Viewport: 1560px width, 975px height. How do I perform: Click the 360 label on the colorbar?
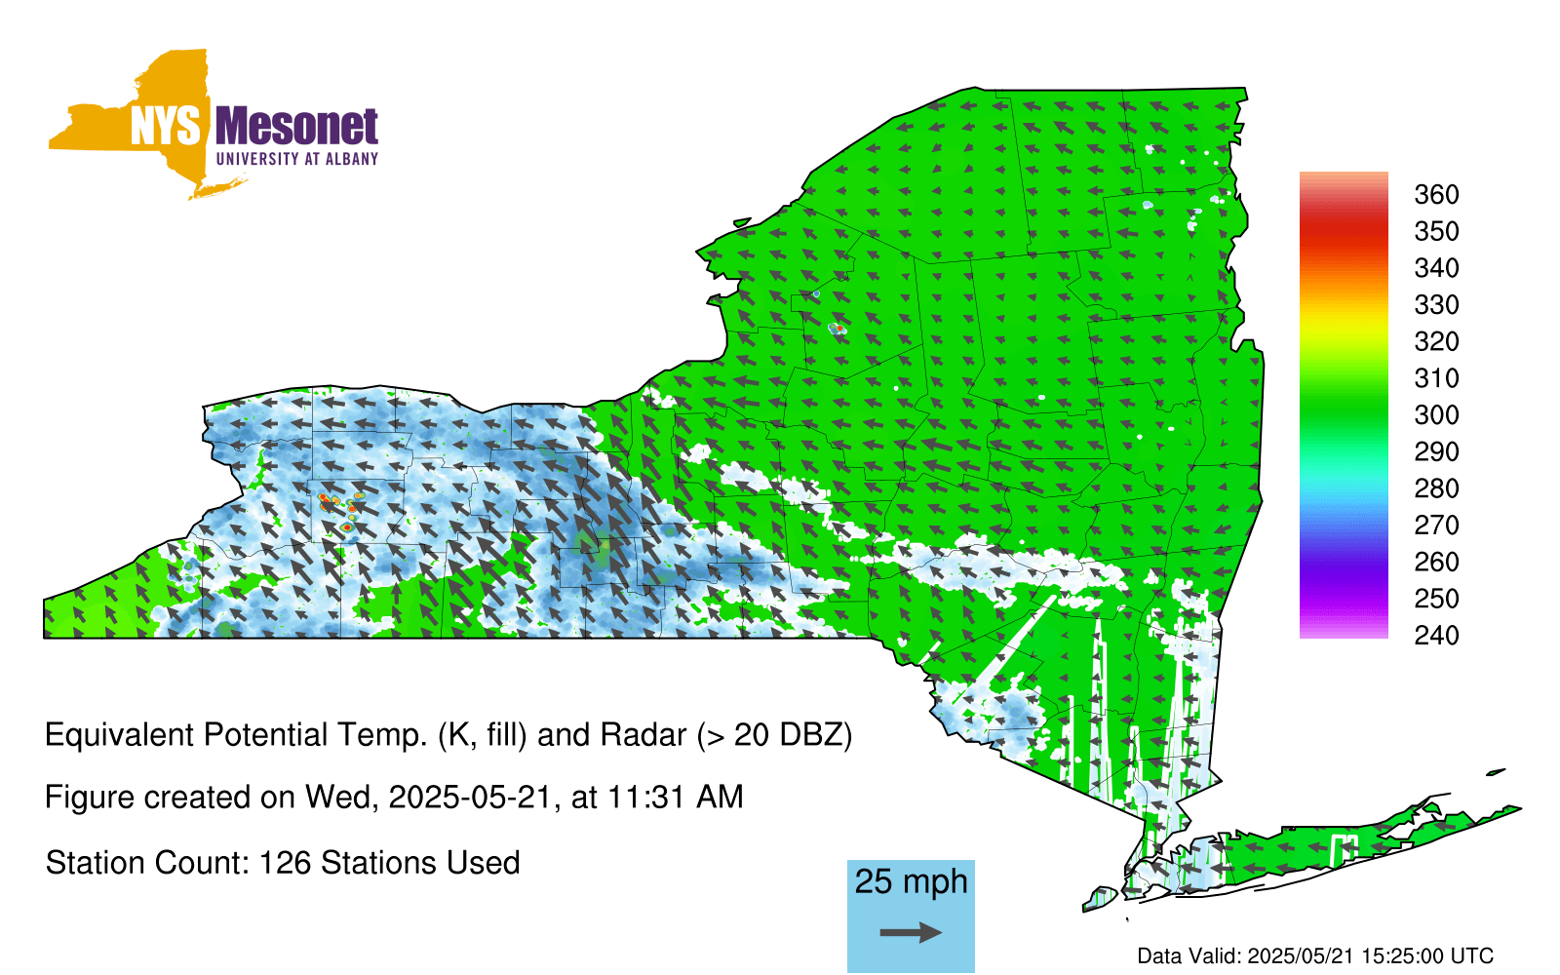click(1436, 194)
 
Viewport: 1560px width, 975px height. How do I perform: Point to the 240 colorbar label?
click(1436, 635)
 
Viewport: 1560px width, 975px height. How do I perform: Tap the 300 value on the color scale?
click(1436, 415)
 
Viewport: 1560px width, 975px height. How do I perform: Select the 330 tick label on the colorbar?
click(1436, 304)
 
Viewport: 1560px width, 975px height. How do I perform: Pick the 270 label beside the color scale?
click(1436, 526)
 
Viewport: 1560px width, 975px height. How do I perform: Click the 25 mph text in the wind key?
click(911, 881)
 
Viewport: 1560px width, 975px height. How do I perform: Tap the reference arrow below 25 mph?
click(911, 932)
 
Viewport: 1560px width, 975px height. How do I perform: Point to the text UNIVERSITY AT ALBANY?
click(297, 159)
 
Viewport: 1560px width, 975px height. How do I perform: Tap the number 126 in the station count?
click(285, 863)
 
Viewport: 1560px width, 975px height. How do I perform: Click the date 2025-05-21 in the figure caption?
click(469, 798)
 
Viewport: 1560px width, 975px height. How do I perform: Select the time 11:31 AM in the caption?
click(676, 798)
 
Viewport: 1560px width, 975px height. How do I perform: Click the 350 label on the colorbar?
click(1436, 231)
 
